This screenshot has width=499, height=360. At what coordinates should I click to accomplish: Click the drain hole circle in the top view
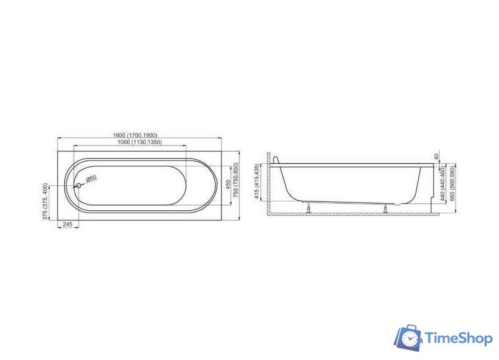pyautogui.click(x=78, y=185)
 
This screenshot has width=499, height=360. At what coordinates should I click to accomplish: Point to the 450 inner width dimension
pyautogui.click(x=228, y=185)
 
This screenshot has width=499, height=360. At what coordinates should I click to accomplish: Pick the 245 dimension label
pyautogui.click(x=68, y=224)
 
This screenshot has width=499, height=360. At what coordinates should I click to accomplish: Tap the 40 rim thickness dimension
pyautogui.click(x=437, y=157)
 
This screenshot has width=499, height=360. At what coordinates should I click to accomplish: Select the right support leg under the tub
pyautogui.click(x=386, y=209)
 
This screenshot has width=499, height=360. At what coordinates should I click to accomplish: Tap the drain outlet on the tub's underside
pyautogui.click(x=397, y=204)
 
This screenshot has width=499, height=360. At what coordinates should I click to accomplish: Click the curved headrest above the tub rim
pyautogui.click(x=276, y=160)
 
